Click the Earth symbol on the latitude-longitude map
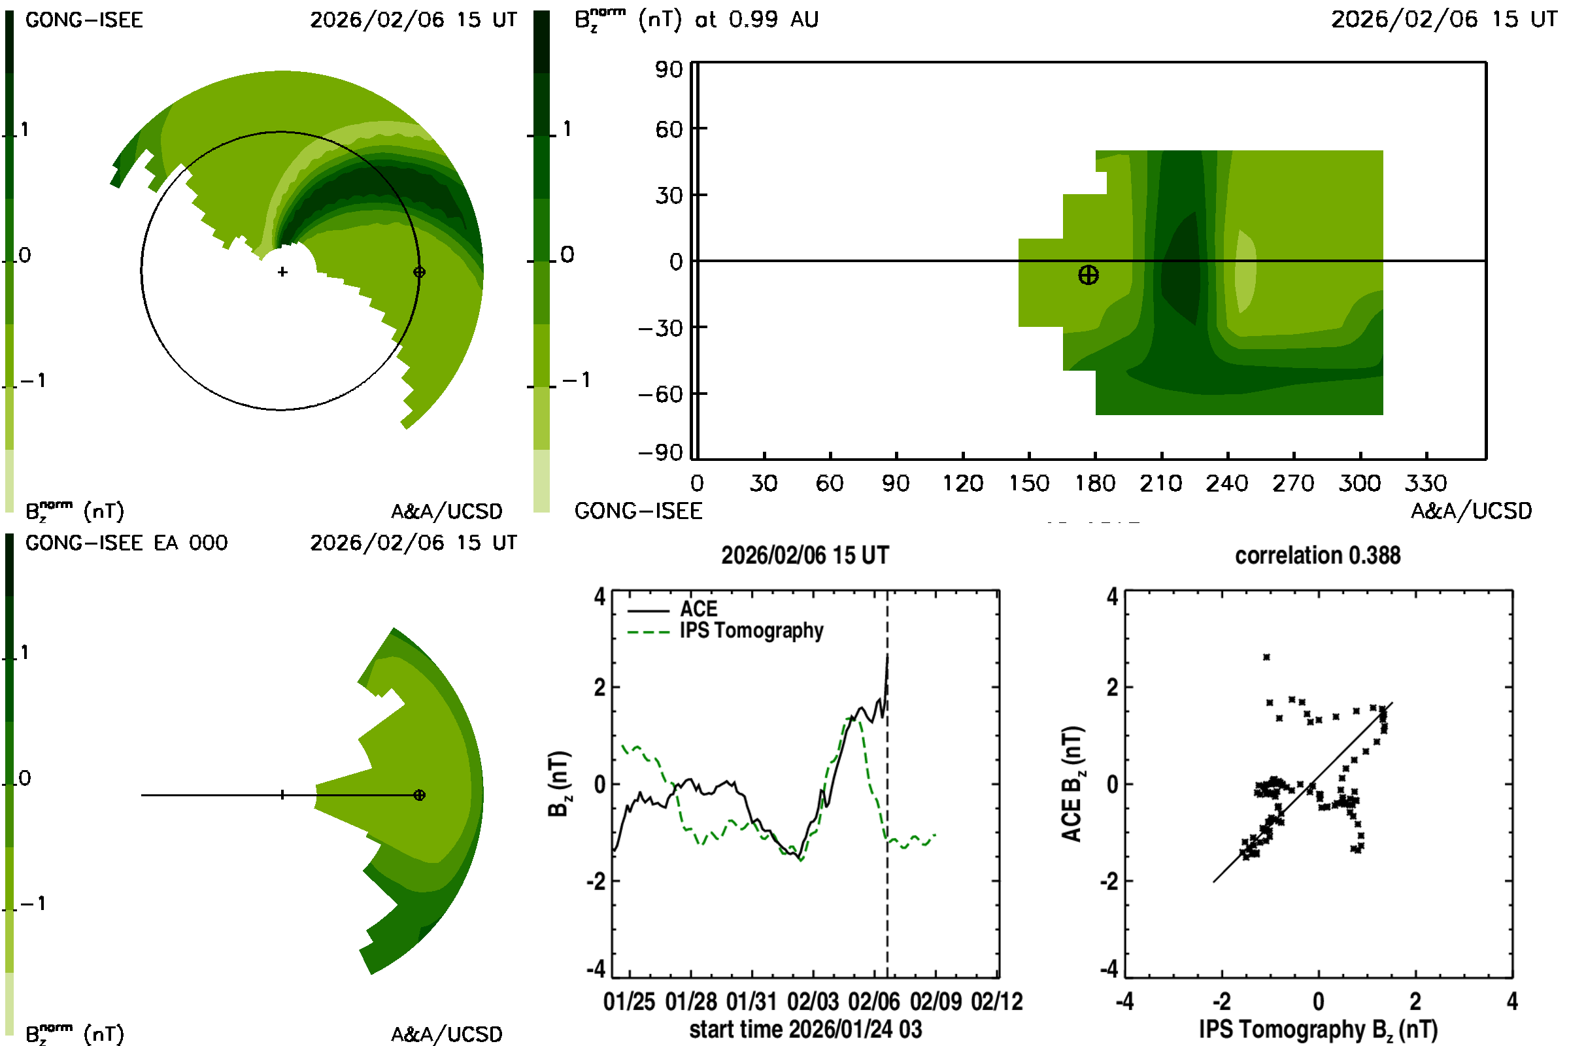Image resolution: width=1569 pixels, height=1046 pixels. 1088,275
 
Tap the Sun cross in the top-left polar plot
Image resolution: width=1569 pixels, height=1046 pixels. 282,272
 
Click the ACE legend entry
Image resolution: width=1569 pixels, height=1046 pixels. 698,609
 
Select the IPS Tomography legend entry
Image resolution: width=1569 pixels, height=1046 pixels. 751,630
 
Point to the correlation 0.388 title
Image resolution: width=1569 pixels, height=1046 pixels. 1317,556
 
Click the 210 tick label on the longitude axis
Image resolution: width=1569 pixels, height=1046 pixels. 1161,483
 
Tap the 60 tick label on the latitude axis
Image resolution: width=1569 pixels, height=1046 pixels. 669,129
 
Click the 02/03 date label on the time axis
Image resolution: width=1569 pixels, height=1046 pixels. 813,1002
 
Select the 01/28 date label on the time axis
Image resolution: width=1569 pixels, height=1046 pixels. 690,1002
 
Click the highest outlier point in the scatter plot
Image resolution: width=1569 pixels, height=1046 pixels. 1266,657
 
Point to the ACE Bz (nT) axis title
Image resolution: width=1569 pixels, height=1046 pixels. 1071,784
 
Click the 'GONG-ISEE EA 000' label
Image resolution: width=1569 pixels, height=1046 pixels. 126,543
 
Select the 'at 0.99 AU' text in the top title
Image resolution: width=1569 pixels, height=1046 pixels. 756,20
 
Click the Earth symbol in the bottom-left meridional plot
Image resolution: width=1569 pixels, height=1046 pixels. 419,795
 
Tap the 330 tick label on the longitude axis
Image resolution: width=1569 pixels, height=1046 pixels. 1426,483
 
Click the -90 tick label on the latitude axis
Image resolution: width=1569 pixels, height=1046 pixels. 660,453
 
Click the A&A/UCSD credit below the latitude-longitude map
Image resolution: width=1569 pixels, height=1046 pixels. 1471,511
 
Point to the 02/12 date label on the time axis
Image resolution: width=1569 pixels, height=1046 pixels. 996,1002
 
